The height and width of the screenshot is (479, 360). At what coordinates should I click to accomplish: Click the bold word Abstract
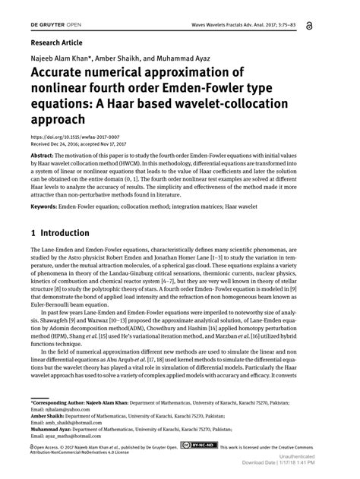pyautogui.click(x=43, y=142)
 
